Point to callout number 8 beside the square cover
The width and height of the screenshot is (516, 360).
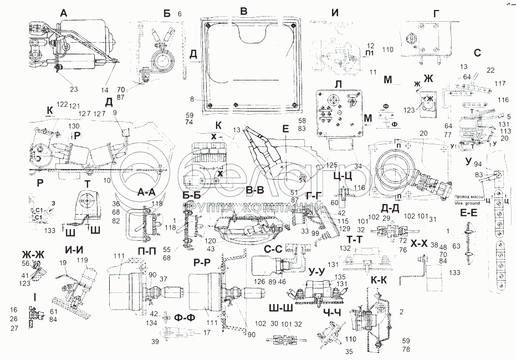[x=192, y=100]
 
